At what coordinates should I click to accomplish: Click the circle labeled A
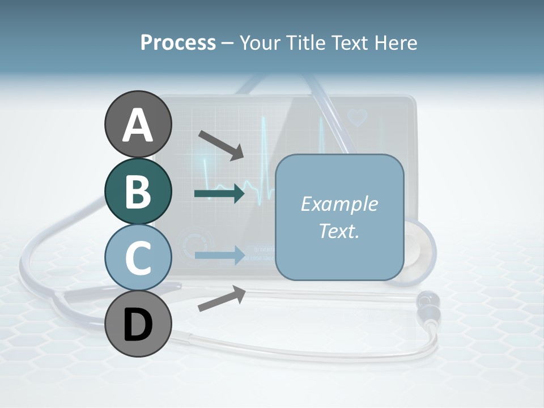138,124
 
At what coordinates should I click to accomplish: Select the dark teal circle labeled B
138,191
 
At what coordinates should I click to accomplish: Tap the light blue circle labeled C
138,257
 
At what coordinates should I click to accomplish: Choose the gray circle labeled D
138,324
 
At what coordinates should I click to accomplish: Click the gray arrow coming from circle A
220,144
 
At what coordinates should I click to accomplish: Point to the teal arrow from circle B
219,194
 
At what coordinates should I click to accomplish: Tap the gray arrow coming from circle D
222,299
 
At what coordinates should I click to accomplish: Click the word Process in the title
178,42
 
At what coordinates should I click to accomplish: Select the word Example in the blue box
339,204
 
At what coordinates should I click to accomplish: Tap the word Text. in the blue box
339,231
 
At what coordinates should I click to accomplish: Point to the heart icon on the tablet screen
358,117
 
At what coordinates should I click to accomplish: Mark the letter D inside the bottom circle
138,325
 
